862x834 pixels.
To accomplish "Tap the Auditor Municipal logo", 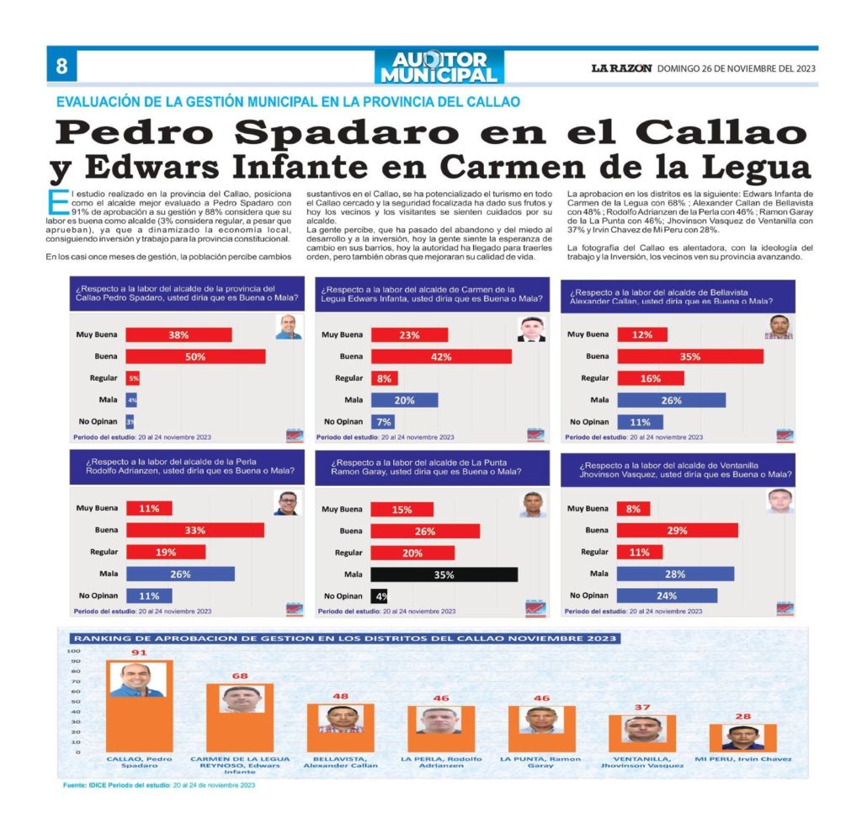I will [x=439, y=67].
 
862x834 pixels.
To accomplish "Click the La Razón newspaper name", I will [x=620, y=69].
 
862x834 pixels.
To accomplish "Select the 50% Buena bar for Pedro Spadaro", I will [x=195, y=356].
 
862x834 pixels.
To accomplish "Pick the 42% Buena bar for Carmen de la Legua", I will [x=440, y=356].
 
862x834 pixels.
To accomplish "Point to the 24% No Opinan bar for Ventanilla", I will [x=667, y=596].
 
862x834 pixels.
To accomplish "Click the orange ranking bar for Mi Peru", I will [x=742, y=737].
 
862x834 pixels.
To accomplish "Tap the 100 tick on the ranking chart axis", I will [x=73, y=651].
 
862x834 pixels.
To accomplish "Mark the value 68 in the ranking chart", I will [x=240, y=676].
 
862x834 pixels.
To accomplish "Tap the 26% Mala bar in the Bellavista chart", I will [x=671, y=400].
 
